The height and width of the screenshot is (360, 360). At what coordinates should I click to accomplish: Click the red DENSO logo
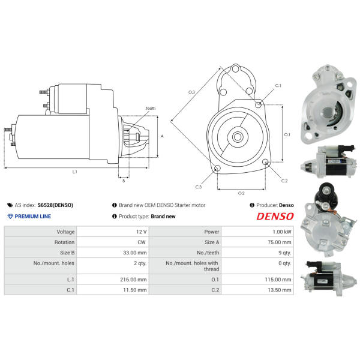click(x=275, y=216)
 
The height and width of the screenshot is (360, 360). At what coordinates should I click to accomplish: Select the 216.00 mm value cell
click(x=133, y=280)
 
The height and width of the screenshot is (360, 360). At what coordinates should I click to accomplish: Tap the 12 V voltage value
click(x=141, y=232)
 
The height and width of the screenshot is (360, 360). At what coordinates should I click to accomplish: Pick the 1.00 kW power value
click(x=282, y=232)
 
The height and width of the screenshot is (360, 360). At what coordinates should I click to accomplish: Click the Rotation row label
click(x=64, y=242)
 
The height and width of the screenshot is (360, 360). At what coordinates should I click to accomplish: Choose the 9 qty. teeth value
click(x=284, y=253)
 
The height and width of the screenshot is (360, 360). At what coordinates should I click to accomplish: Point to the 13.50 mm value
click(x=279, y=290)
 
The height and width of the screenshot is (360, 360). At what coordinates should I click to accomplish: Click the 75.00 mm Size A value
click(x=279, y=242)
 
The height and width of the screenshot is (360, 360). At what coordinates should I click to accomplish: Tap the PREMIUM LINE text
click(x=33, y=216)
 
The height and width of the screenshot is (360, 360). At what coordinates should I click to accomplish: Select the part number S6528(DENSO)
click(x=55, y=205)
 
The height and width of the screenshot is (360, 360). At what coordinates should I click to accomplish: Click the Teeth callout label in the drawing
click(x=151, y=108)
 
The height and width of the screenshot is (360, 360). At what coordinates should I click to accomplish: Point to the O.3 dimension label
click(x=191, y=92)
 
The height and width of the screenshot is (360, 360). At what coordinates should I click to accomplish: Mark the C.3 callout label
click(x=199, y=187)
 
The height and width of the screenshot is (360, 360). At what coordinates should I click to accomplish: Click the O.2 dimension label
click(x=241, y=193)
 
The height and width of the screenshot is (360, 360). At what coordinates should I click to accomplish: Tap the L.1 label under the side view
click(x=74, y=172)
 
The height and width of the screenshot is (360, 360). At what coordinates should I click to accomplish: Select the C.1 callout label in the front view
click(x=278, y=86)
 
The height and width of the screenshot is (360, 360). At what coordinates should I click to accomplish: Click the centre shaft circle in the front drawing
click(x=238, y=137)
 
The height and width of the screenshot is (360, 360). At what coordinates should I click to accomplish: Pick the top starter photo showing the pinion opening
click(x=329, y=104)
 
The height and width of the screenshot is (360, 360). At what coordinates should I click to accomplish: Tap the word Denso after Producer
click(x=287, y=205)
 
